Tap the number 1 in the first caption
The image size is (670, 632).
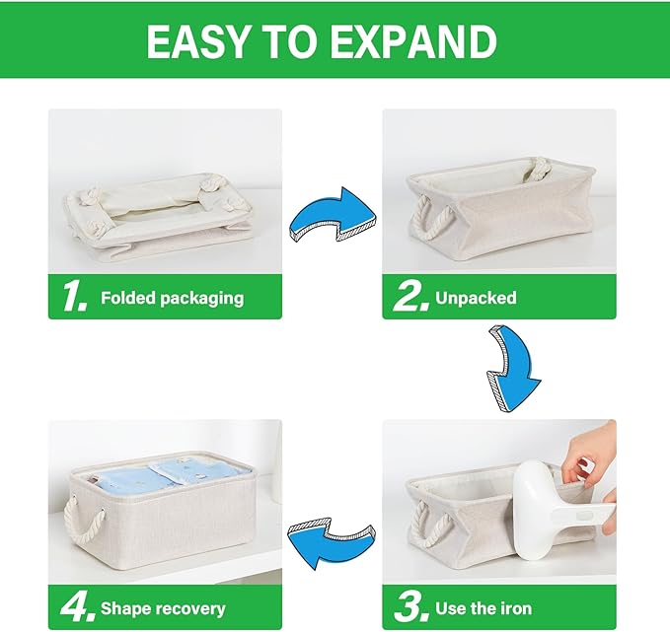(74, 296)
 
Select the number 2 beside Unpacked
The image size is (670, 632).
(409, 296)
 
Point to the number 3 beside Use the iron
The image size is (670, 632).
(409, 606)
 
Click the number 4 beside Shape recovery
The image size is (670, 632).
(75, 606)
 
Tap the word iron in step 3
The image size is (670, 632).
(511, 608)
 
